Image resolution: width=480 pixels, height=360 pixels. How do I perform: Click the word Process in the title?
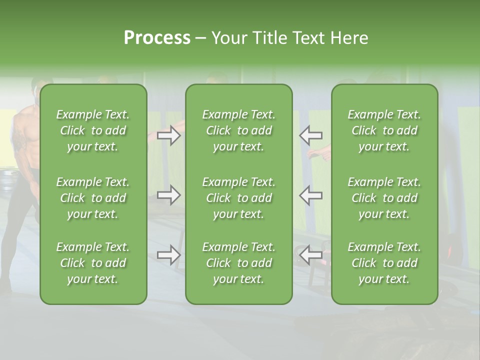(x=157, y=38)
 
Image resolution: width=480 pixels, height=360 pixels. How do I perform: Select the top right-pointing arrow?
(x=169, y=135)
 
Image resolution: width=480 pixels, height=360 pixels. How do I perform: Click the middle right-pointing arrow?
(x=169, y=195)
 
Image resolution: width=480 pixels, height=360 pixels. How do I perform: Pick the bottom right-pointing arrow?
(x=169, y=255)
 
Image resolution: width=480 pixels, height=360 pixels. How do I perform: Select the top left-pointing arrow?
(x=310, y=135)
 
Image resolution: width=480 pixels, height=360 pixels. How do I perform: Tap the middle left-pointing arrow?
(x=310, y=195)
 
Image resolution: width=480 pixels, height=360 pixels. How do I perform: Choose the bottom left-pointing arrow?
(x=310, y=255)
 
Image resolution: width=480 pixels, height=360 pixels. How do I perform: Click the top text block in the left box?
(x=93, y=130)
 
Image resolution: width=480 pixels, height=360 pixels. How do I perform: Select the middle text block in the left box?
(x=93, y=198)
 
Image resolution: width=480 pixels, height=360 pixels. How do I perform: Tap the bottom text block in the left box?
(x=93, y=263)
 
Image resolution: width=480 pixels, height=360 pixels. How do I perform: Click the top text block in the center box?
(x=238, y=130)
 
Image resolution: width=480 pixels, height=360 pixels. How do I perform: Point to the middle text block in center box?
(x=238, y=198)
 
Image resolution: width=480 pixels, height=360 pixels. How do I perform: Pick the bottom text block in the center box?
(x=238, y=263)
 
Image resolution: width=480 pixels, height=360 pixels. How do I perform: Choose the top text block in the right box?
(x=384, y=130)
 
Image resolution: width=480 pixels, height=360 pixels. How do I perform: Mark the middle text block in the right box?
(x=384, y=198)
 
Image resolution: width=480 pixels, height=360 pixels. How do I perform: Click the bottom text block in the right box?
(x=384, y=263)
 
